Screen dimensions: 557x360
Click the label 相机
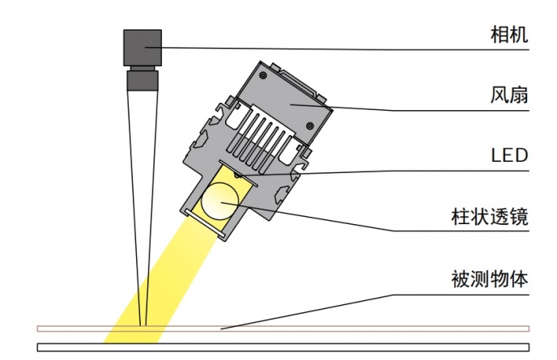pos(509,35)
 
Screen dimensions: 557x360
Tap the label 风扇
pos(509,95)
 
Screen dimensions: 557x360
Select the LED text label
pos(509,155)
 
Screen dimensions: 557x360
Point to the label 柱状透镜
pos(490,216)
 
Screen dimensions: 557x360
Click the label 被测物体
pos(490,279)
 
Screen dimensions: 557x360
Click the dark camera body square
pos(142,48)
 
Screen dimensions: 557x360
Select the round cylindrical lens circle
pos(220,201)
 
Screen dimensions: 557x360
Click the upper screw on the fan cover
pos(263,75)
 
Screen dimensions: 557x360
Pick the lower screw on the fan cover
pos(310,125)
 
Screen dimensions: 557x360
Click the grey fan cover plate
pos(284,103)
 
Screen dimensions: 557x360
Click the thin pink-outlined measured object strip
pos(283,328)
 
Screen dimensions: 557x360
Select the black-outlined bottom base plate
pos(283,347)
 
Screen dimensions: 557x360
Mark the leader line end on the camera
pos(145,47)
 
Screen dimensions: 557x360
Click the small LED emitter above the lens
pos(237,174)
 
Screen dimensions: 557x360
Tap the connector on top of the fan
pos(300,81)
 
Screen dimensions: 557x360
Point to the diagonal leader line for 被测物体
pos(308,311)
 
